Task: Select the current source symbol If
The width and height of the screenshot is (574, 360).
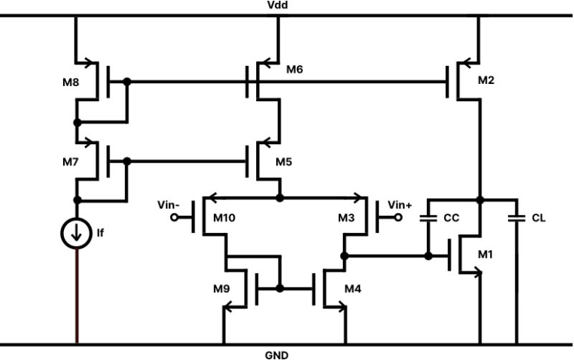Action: point(77,235)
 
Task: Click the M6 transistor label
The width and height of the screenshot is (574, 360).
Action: point(295,69)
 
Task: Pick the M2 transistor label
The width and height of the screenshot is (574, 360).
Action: point(486,80)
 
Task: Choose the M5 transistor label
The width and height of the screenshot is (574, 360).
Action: point(285,163)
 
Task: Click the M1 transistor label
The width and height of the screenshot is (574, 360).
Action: point(486,255)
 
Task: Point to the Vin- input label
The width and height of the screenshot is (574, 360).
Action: point(167,205)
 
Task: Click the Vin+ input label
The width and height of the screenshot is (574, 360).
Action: point(400,205)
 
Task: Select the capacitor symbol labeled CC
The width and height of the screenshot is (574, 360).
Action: point(429,217)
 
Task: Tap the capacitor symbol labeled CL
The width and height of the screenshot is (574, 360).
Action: point(515,217)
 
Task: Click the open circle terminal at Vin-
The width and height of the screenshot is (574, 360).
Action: point(174,220)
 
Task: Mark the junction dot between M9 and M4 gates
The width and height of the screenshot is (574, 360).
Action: point(280,288)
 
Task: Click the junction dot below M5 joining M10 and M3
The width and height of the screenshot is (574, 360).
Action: point(280,195)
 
